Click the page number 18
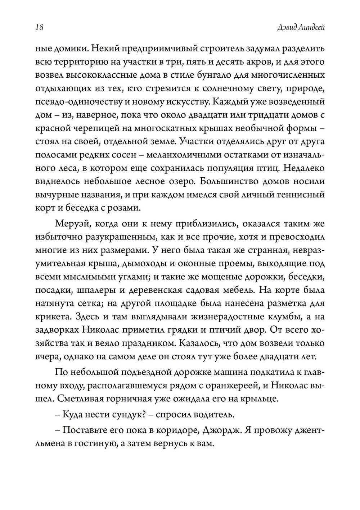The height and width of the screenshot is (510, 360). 40,27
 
